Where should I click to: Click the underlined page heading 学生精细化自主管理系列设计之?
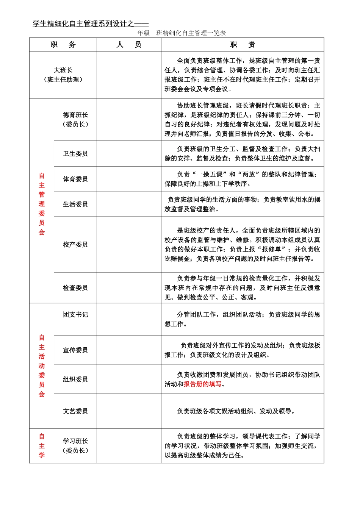[x=90, y=24]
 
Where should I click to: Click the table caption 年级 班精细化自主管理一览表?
[x=182, y=33]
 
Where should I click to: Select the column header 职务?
[x=63, y=45]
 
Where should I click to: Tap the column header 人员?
[x=129, y=45]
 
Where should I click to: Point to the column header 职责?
[x=243, y=45]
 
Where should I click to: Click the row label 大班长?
[x=63, y=70]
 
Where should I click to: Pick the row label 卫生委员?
[x=75, y=153]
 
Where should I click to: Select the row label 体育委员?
[x=75, y=179]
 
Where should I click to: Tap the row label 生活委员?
[x=75, y=204]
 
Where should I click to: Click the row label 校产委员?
[x=75, y=244]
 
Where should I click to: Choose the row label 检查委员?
[x=75, y=288]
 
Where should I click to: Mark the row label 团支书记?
[x=75, y=314]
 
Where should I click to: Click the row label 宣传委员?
[x=75, y=350]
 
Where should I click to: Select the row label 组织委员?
[x=75, y=379]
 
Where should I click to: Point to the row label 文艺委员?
[x=75, y=411]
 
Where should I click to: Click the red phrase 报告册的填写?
[x=203, y=384]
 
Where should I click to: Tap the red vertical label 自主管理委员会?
[x=42, y=204]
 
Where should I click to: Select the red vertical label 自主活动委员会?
[x=42, y=365]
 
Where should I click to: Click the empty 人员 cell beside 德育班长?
[x=129, y=120]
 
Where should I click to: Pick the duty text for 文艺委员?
[x=236, y=411]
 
